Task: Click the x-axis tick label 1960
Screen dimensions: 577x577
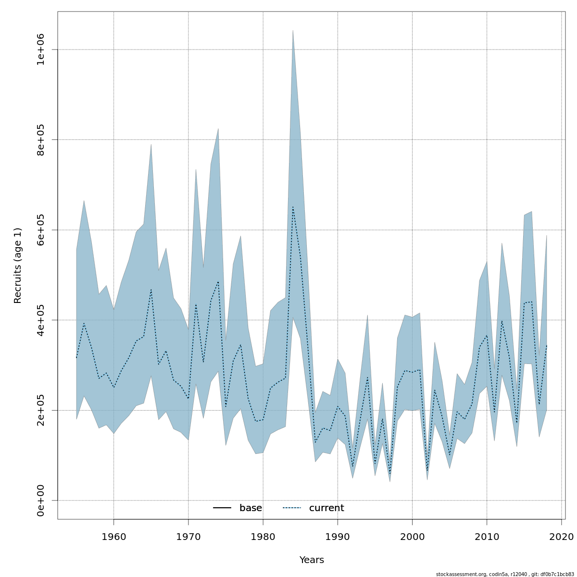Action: click(113, 536)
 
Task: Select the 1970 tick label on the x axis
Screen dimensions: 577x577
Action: click(188, 536)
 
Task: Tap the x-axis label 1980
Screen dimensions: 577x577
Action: click(263, 536)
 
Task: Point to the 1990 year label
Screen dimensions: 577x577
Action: click(338, 536)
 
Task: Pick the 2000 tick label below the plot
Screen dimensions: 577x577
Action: click(412, 536)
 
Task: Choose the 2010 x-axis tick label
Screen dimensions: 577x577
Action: click(487, 536)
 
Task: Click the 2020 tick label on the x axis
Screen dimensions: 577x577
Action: click(562, 536)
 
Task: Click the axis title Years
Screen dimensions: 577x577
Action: click(312, 560)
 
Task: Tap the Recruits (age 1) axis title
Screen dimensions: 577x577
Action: click(18, 265)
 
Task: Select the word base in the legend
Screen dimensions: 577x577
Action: click(251, 508)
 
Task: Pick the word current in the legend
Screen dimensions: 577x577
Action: click(326, 508)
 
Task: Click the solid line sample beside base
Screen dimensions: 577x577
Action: click(222, 508)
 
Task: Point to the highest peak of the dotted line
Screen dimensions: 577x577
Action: click(293, 207)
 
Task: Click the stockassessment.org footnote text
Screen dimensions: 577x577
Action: click(505, 574)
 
